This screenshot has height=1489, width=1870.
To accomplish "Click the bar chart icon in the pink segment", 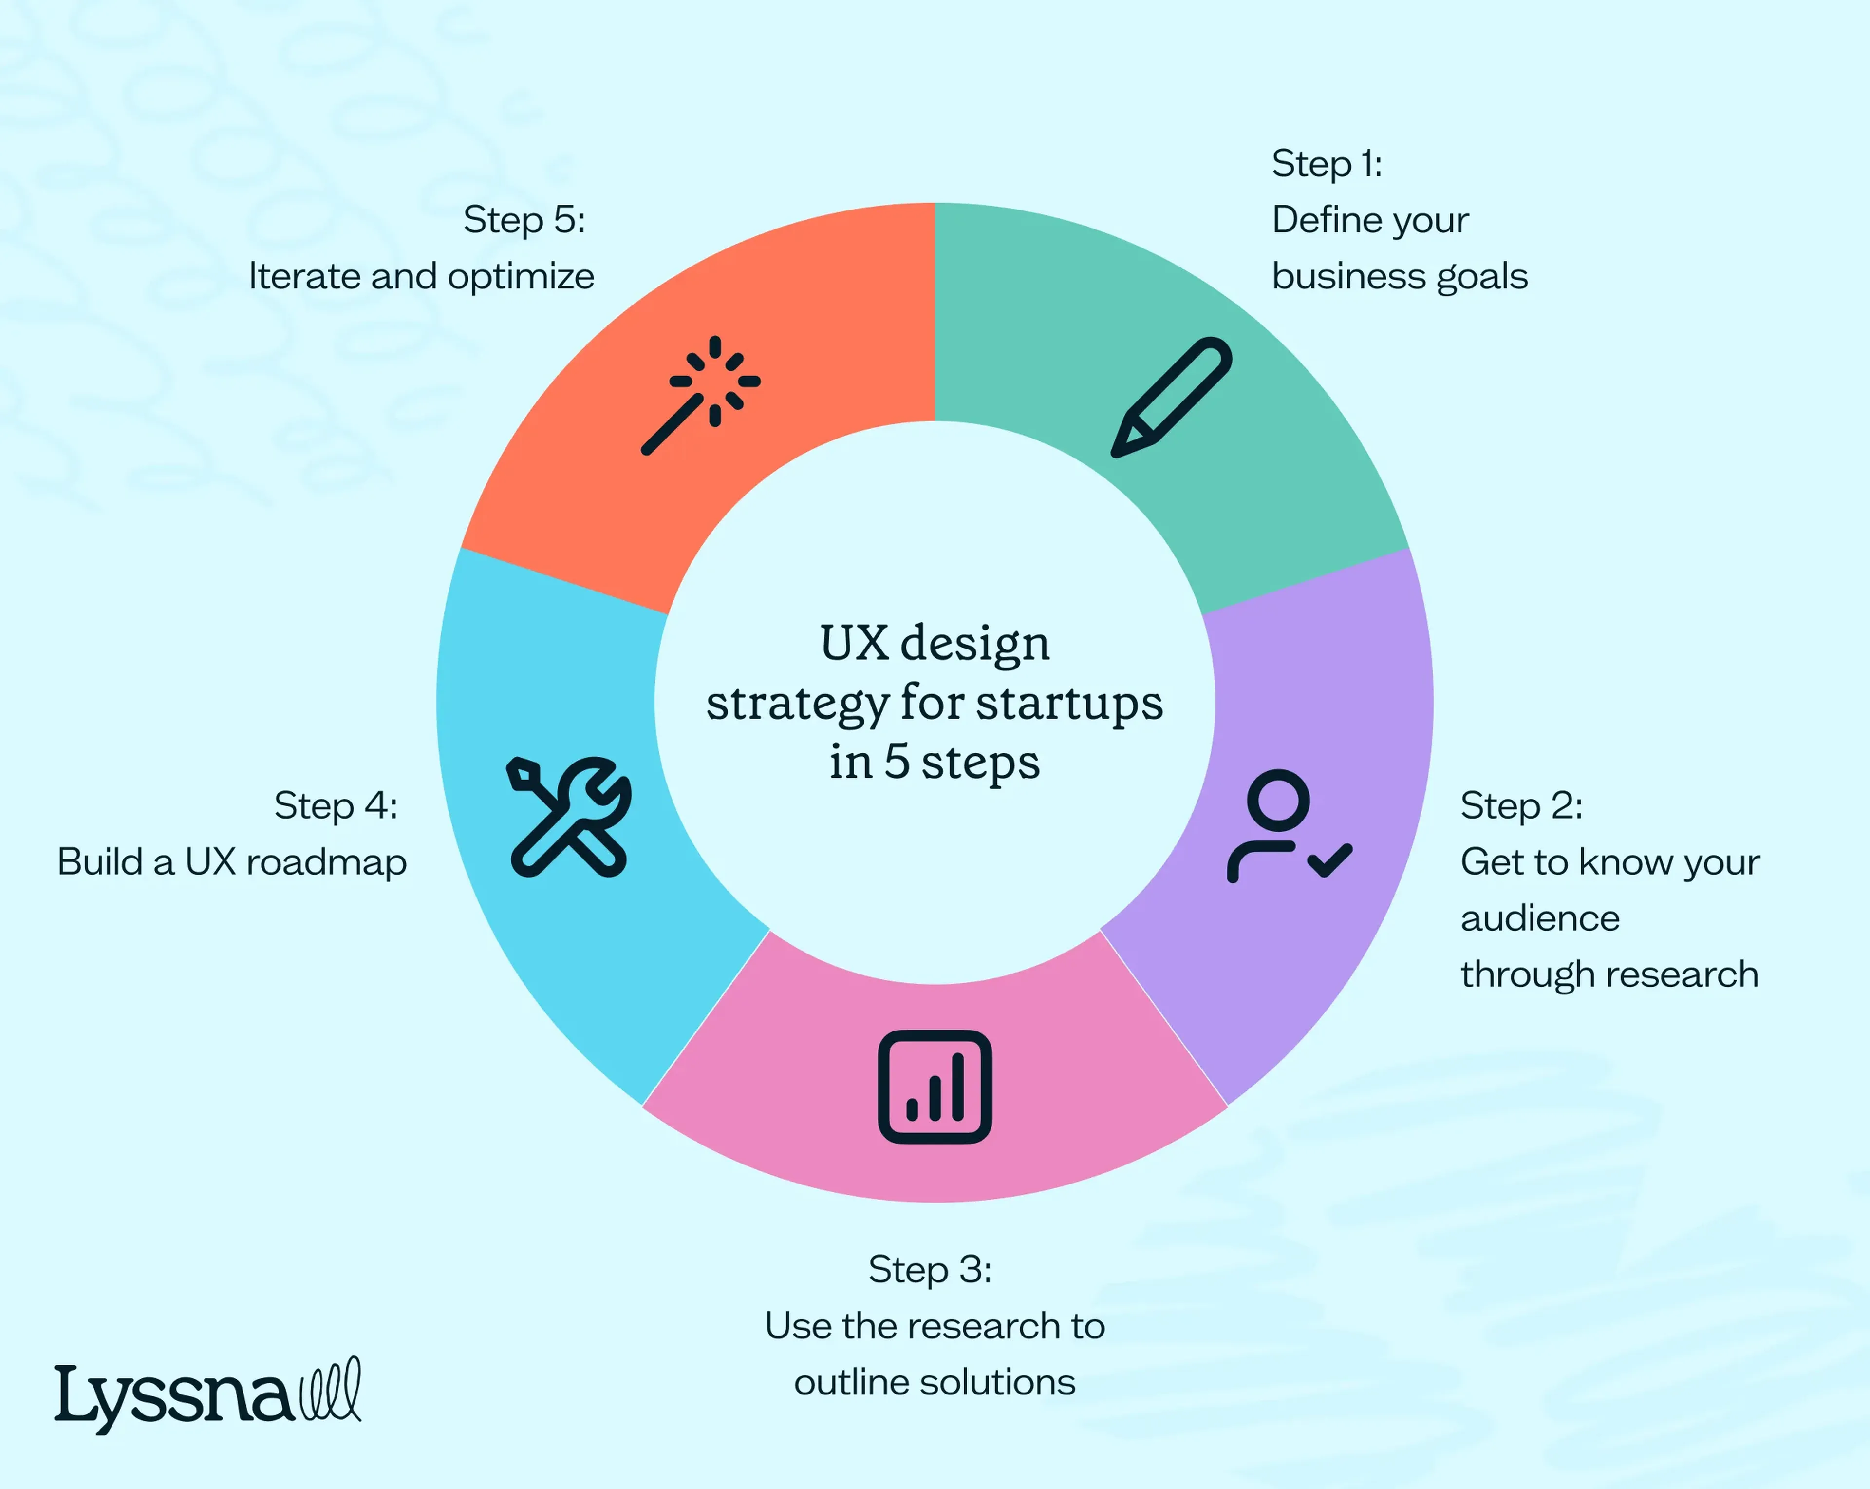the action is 935,1087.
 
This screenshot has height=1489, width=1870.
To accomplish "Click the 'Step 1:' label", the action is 1327,164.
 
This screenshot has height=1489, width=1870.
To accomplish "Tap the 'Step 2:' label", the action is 1521,806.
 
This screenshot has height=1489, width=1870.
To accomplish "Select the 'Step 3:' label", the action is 930,1269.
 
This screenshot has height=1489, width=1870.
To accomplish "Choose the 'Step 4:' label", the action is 336,806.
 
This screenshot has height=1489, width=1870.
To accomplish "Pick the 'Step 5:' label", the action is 524,220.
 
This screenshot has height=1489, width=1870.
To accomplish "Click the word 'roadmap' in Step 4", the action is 326,862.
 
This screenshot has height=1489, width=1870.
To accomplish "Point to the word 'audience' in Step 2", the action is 1540,918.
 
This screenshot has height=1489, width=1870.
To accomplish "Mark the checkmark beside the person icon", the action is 1329,861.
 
